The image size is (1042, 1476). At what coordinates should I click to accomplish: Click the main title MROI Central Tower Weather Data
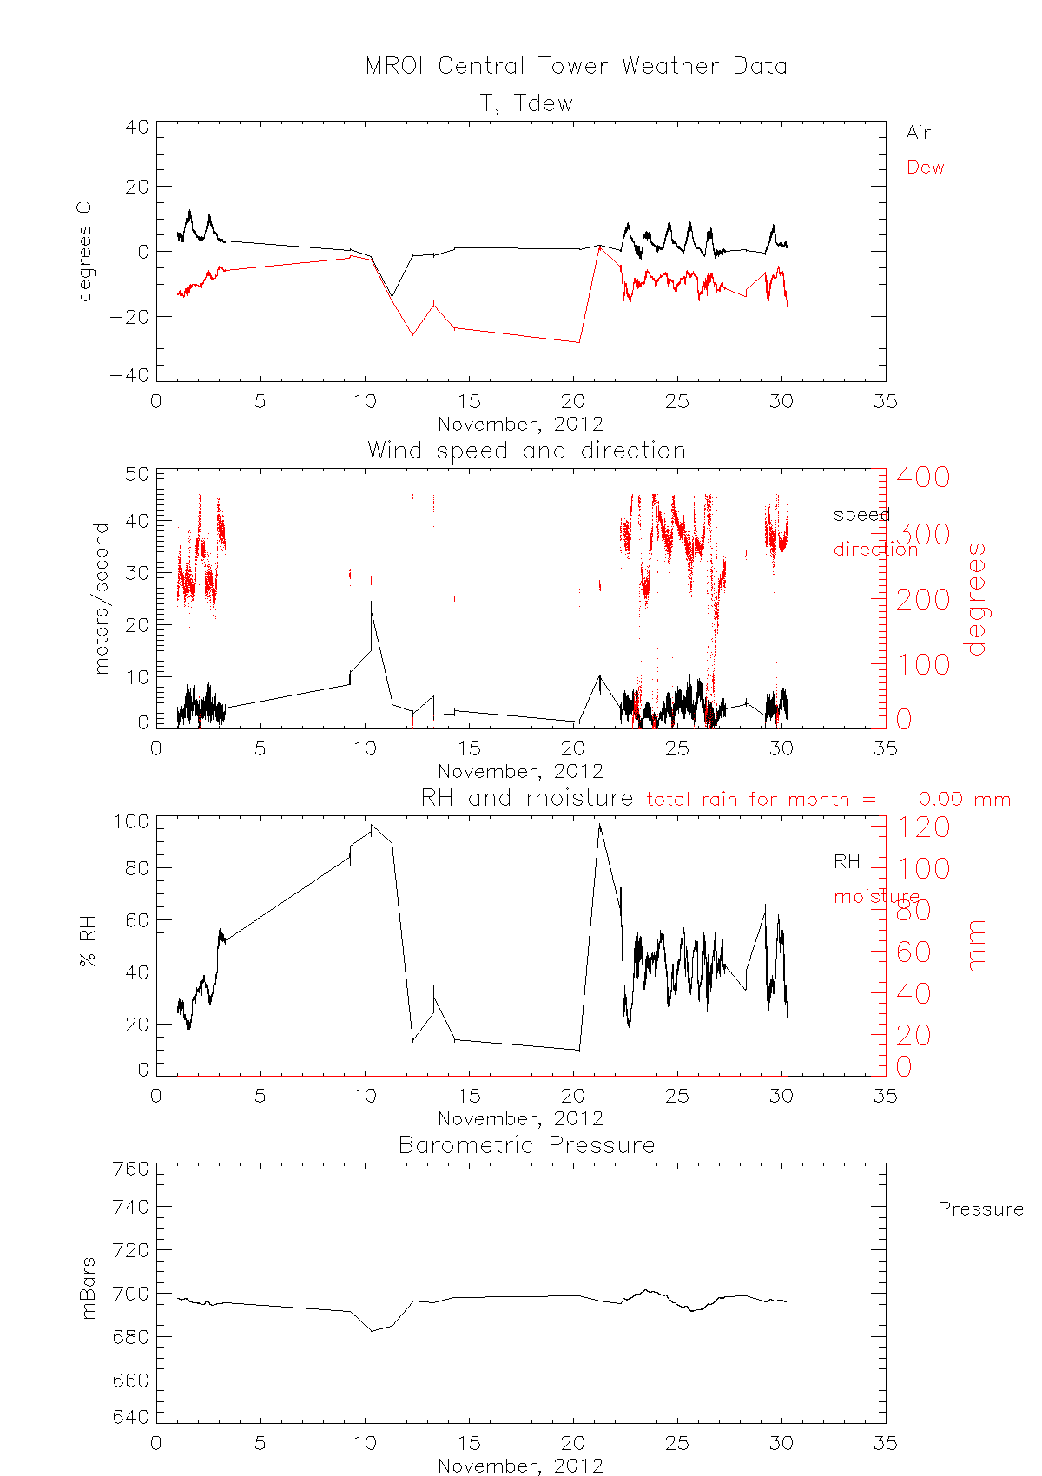click(x=576, y=66)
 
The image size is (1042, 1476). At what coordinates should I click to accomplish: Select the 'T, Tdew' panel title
click(x=526, y=103)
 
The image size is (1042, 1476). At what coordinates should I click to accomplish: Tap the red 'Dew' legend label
click(x=925, y=168)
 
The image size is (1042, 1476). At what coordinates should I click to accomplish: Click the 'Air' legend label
click(x=918, y=133)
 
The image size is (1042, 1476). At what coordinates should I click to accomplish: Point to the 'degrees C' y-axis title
click(x=84, y=252)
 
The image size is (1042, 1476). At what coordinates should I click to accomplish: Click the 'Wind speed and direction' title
click(x=526, y=451)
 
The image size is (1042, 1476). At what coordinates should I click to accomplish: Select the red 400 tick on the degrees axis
click(x=923, y=477)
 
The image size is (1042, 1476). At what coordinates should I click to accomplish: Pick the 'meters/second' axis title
click(x=102, y=598)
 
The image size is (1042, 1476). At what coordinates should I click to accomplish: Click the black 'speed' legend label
click(x=861, y=515)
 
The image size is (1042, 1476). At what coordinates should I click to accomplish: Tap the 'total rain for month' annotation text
click(x=761, y=800)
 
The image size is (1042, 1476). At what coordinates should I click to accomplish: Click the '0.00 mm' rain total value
click(x=965, y=800)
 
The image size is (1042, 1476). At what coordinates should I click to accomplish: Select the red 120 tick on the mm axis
click(x=923, y=827)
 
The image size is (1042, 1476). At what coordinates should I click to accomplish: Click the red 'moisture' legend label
click(x=876, y=897)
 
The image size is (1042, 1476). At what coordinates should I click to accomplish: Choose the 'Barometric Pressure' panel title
click(x=526, y=1145)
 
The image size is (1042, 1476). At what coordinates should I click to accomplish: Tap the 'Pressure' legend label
click(x=980, y=1209)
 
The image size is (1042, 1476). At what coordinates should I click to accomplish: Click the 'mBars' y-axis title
click(x=88, y=1288)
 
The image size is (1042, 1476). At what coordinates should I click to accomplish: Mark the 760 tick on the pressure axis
click(x=132, y=1170)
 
